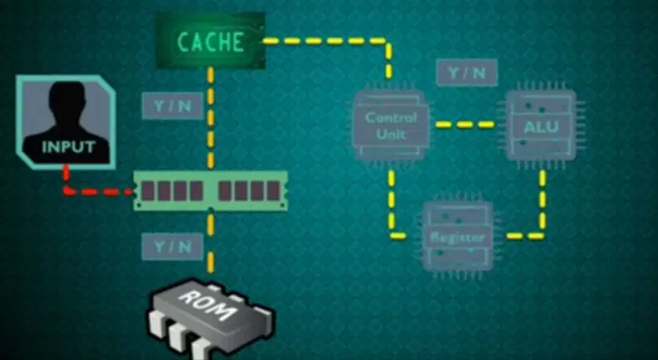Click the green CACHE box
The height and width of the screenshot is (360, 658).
210,41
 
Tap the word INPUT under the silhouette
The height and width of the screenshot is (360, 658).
68,147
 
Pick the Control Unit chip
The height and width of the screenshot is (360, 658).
391,125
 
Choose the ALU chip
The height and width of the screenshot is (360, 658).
541,125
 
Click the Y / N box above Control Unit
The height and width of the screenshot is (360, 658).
467,73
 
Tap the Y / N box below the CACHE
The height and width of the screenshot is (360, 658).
172,106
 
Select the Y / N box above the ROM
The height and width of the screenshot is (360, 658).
172,247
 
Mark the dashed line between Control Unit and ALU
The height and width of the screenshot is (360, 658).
465,125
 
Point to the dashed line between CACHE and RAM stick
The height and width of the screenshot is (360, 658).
210,118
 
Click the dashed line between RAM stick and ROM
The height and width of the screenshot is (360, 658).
210,242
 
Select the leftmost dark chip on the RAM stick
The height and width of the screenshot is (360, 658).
147,191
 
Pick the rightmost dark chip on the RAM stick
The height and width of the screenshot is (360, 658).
274,191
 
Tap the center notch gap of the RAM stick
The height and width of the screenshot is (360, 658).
210,191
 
